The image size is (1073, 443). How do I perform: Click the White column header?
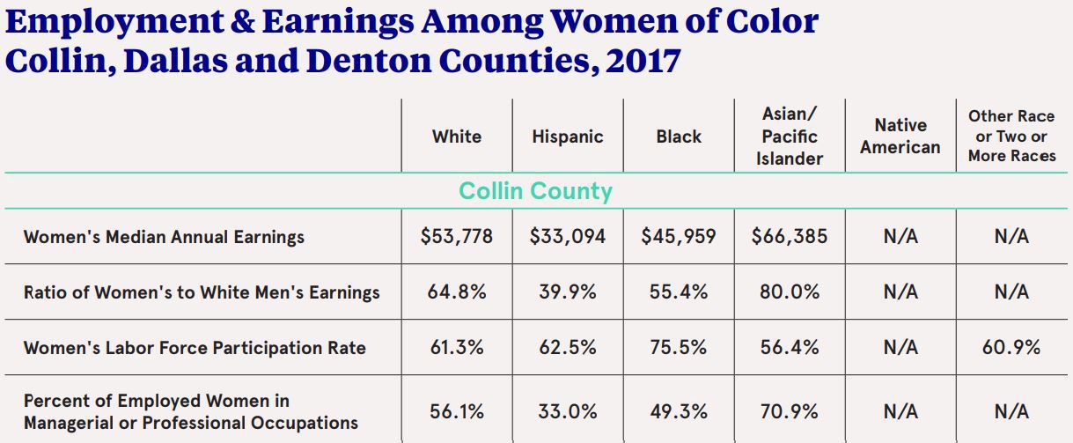tap(456, 137)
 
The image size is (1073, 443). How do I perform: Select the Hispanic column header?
tap(568, 137)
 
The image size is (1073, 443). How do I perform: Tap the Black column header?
tap(679, 137)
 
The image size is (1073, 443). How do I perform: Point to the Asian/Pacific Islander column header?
tap(790, 137)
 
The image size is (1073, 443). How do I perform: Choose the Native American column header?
tap(900, 137)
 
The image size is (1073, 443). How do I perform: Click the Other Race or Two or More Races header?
tap(1011, 136)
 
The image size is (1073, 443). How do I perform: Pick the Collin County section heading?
tap(536, 191)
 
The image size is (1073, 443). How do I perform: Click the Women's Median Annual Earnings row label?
tap(164, 237)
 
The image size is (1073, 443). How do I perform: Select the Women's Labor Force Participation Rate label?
tap(195, 347)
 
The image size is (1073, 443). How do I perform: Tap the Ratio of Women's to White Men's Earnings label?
tap(202, 292)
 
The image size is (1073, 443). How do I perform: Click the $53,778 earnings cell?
tap(456, 237)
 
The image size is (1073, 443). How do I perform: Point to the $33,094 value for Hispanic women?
tap(568, 237)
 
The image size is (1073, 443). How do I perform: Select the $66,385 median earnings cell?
tap(790, 237)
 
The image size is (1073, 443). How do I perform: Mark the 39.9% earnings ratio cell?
tap(568, 292)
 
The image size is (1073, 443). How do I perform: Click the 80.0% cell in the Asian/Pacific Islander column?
tap(790, 292)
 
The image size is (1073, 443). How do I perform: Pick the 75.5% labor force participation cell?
tap(679, 347)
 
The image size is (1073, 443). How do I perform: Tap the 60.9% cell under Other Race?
tap(1011, 347)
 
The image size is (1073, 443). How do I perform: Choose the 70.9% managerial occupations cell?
tap(790, 411)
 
